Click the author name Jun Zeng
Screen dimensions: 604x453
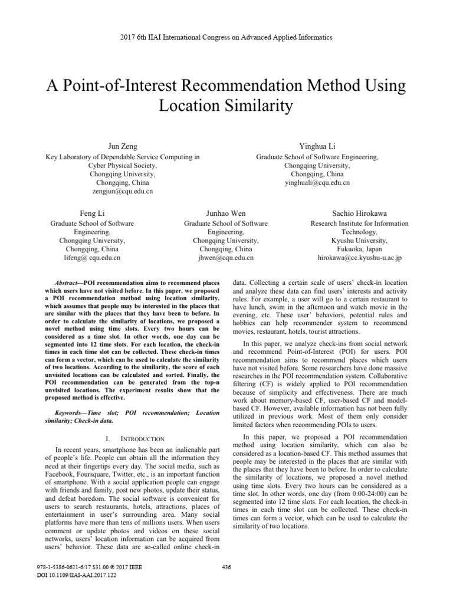(x=122, y=145)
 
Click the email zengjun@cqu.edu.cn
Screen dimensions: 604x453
(x=122, y=192)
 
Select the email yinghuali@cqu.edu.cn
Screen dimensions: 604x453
(x=317, y=183)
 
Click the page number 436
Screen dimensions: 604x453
(x=225, y=567)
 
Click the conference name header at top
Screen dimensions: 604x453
(x=226, y=37)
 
